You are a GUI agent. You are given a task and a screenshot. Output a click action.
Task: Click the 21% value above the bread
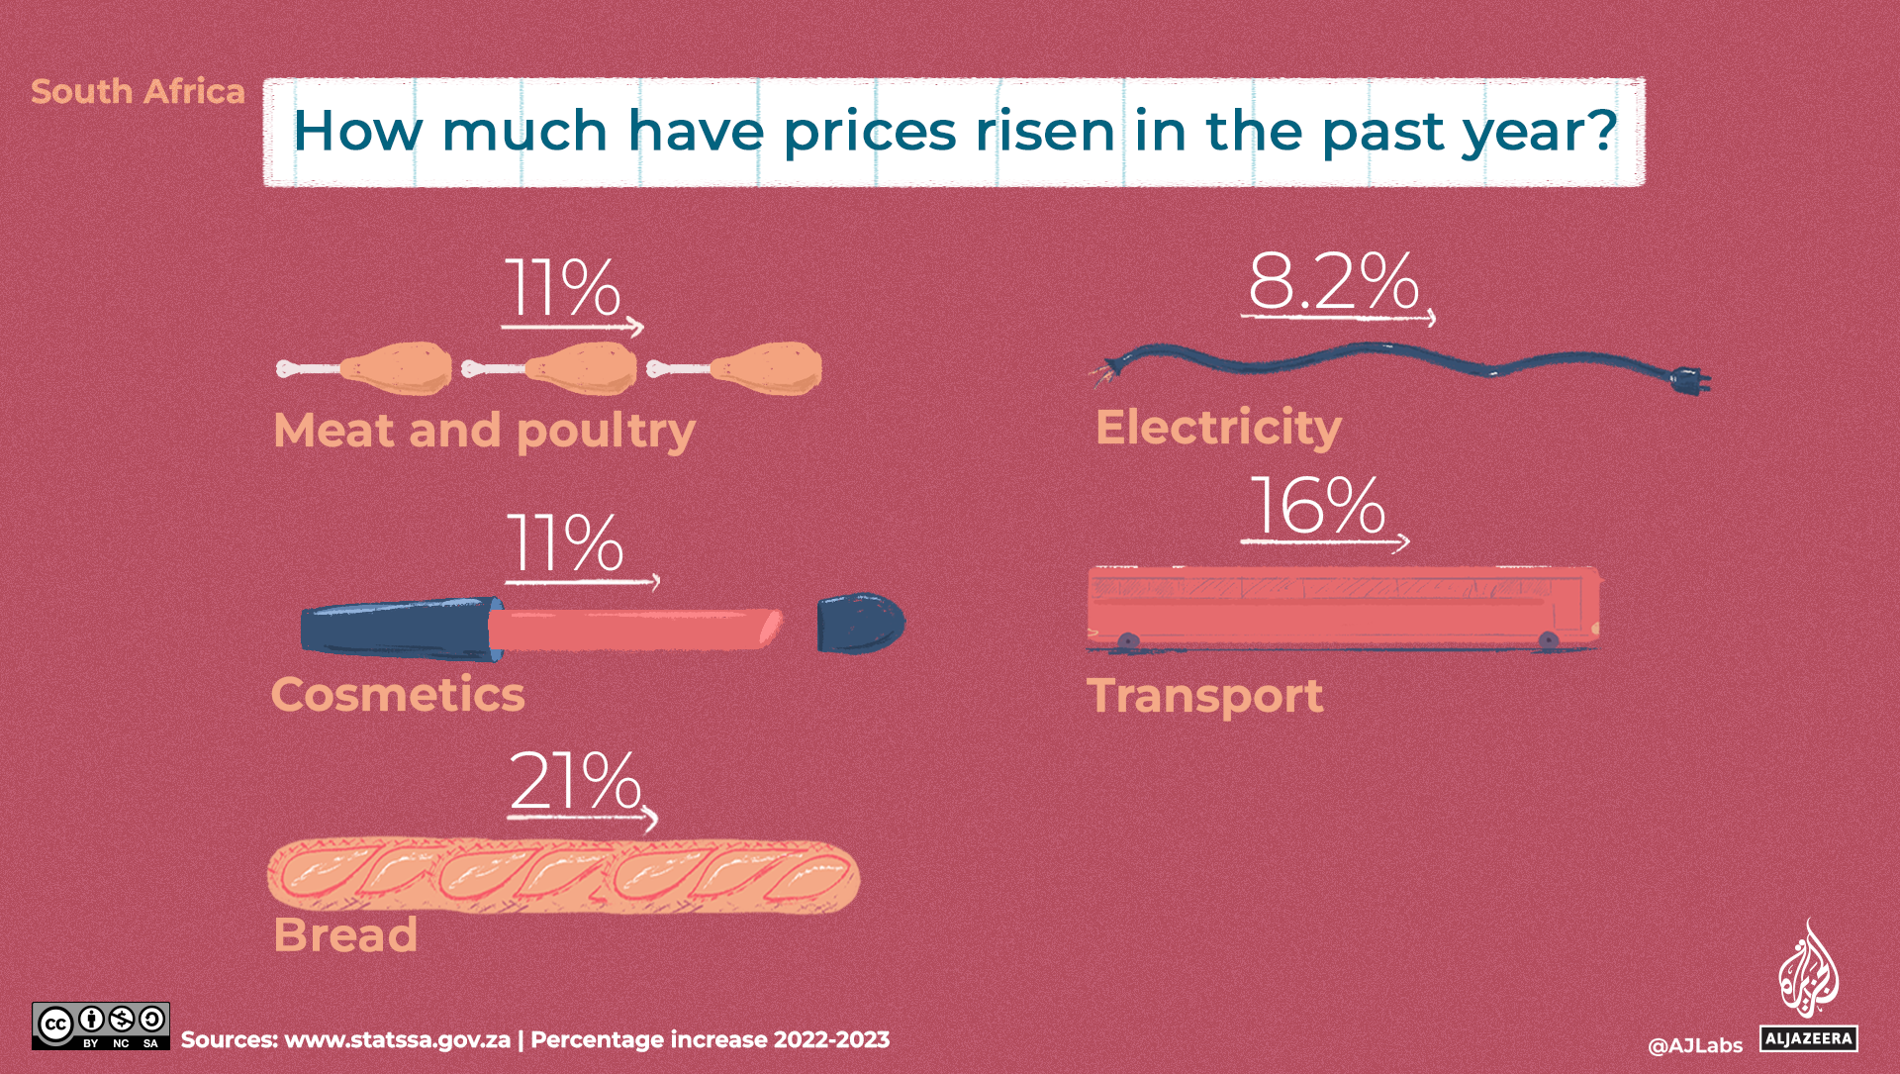(x=575, y=781)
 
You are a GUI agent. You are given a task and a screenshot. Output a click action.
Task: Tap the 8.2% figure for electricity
(x=1332, y=281)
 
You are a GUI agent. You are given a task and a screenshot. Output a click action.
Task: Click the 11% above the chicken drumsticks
(x=562, y=288)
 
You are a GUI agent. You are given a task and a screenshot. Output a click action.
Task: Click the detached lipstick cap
(x=859, y=624)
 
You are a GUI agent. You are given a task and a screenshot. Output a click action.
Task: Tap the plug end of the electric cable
(x=1689, y=380)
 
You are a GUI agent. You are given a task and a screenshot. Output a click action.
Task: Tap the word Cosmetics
(x=398, y=694)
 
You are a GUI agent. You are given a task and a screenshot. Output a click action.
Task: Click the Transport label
(x=1204, y=696)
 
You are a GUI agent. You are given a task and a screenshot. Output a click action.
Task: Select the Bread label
(x=345, y=934)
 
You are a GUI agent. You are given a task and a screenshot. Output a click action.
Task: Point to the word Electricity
(x=1218, y=428)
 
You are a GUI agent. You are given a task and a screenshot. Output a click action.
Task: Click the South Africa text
(x=138, y=91)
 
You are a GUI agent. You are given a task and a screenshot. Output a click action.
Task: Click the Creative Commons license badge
(x=100, y=1026)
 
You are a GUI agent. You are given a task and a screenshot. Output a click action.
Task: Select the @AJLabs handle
(x=1694, y=1045)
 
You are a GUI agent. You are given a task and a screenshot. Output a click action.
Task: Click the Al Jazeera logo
(x=1808, y=986)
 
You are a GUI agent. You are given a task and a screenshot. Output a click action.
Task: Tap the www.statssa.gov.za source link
(x=397, y=1040)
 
